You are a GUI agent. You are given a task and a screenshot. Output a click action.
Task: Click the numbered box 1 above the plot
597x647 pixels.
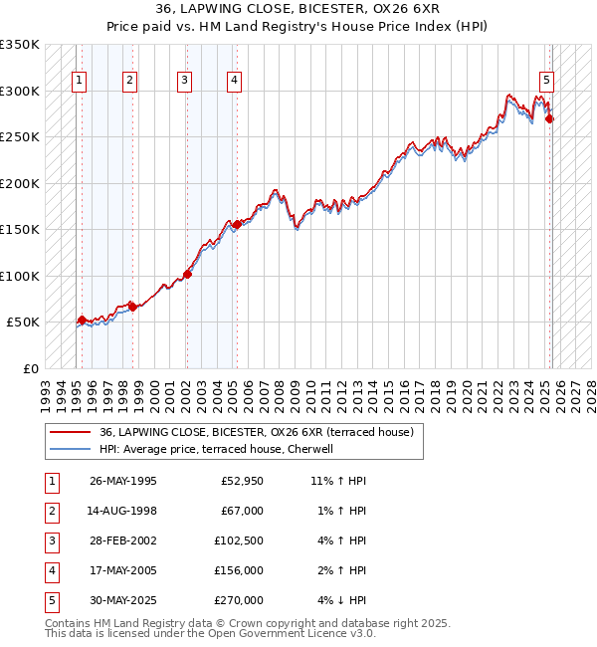coord(79,82)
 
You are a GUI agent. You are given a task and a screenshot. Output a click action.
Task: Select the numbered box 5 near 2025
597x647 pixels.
coord(547,82)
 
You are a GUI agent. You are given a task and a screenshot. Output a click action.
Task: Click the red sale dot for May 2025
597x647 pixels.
coord(550,119)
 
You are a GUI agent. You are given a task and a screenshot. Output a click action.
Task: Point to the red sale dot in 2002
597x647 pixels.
coord(187,275)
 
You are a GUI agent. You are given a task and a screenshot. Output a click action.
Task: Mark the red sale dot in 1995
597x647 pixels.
coord(82,321)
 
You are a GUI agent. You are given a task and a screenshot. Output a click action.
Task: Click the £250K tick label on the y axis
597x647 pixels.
coord(20,137)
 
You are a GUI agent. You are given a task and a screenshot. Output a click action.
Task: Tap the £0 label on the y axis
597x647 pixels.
coord(30,368)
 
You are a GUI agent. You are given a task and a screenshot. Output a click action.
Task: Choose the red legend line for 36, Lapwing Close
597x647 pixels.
coord(70,432)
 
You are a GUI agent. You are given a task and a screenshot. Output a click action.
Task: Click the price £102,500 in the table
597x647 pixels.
coord(238,541)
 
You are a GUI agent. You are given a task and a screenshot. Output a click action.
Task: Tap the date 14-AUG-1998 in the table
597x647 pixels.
coord(123,512)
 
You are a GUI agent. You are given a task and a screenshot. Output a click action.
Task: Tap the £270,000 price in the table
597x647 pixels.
coord(238,601)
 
